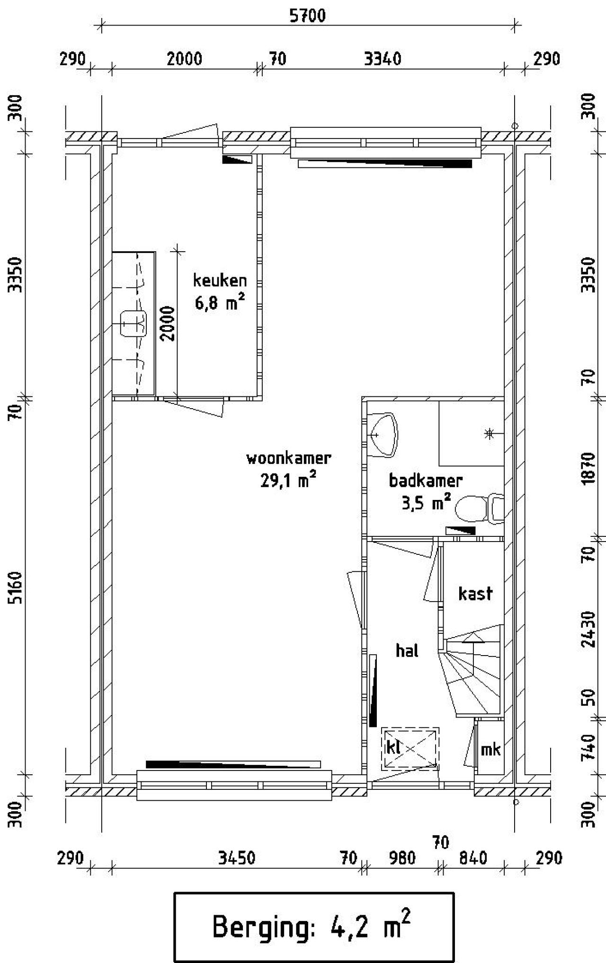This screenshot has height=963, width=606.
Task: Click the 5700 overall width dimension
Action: pos(308,16)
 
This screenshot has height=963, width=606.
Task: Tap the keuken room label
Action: pos(220,280)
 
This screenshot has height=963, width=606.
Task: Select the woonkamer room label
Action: pos(288,458)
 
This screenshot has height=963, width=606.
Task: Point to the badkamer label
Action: pos(425,481)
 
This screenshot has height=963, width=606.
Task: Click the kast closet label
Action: pos(475,593)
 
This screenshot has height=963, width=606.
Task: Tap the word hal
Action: pos(407,651)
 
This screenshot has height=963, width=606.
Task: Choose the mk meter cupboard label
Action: pos(490,750)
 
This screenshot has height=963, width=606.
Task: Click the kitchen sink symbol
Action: pos(133,324)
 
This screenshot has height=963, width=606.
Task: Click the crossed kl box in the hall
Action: pos(410,749)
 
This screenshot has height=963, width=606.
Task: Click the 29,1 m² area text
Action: pos(288,481)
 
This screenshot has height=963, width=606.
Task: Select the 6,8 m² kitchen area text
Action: pos(220,302)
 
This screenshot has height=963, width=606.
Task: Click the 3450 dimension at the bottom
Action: pos(237,858)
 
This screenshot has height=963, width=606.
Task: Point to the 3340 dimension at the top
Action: pos(383,59)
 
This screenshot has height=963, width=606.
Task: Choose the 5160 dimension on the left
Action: pos(17,588)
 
